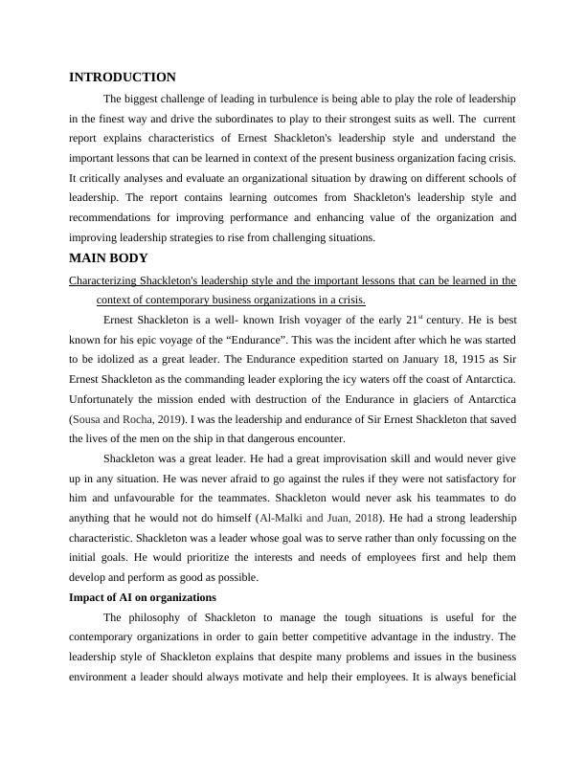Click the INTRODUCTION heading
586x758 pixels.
[123, 78]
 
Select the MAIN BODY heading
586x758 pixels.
[108, 258]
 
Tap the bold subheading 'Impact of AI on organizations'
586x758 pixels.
[143, 597]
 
